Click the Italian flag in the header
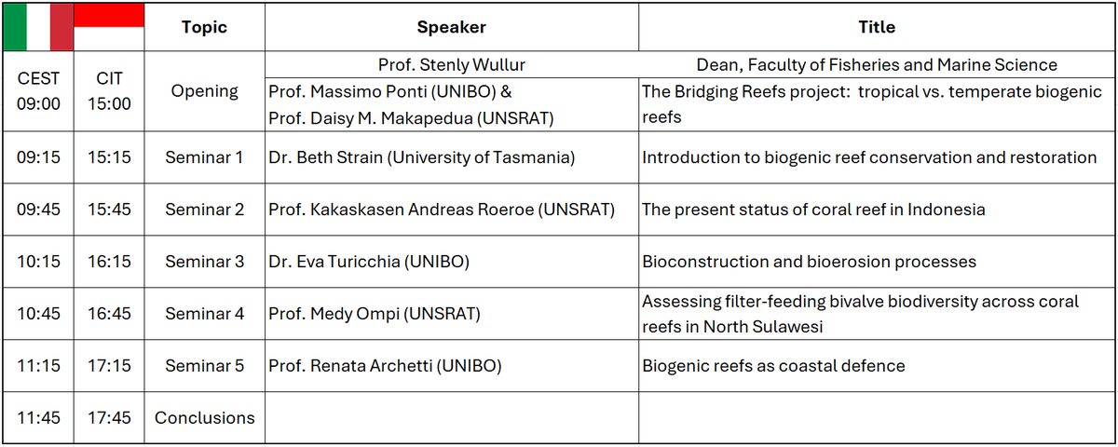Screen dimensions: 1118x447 point(38,27)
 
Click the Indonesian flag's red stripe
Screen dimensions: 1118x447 point(109,15)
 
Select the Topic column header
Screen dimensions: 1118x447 point(204,27)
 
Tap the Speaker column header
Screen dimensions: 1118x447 point(451,27)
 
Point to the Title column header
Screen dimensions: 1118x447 point(877,27)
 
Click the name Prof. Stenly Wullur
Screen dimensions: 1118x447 point(451,65)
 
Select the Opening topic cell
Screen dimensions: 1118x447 point(204,91)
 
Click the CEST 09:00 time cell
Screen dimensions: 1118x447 point(38,91)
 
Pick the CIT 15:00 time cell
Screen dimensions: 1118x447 point(109,91)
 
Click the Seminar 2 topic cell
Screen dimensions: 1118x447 point(204,210)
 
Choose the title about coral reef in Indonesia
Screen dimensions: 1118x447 point(813,210)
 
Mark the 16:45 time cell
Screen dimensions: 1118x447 point(109,314)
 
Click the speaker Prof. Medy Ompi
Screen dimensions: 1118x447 point(375,314)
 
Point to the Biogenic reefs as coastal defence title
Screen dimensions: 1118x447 point(773,366)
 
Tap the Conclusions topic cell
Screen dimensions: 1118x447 point(204,418)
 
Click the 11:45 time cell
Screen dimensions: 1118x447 point(38,418)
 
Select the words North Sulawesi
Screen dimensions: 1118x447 point(763,327)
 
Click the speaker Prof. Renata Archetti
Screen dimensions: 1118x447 point(385,366)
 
